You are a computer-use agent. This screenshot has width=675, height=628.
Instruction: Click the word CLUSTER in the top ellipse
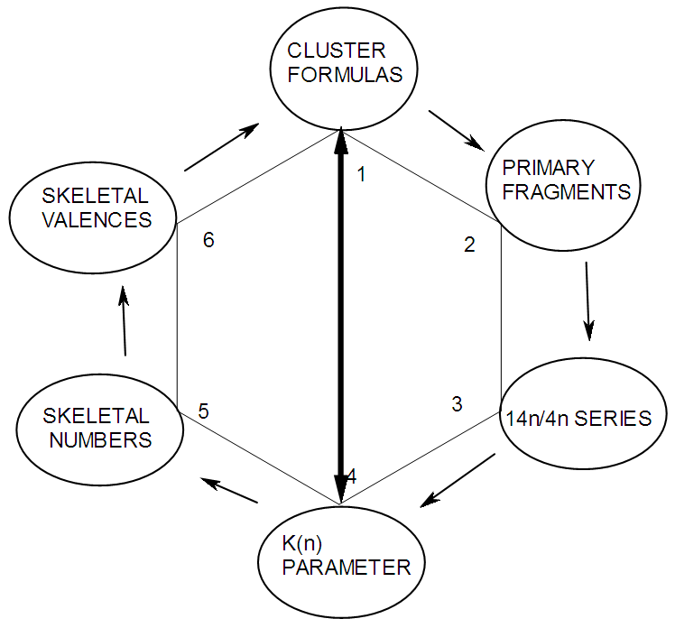point(336,50)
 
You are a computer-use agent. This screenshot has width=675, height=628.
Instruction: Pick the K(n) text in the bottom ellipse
point(302,544)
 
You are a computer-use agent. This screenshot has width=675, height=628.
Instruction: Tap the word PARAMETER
point(347,568)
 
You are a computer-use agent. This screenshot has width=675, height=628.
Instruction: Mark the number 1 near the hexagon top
point(361,174)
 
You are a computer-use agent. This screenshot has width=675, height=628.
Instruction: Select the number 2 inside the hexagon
point(469,245)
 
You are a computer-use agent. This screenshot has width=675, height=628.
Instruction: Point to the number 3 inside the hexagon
point(457,403)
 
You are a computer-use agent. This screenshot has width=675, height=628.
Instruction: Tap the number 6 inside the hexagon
point(208,241)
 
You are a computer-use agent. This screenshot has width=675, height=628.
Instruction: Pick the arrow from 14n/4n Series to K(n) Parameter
point(458,480)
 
